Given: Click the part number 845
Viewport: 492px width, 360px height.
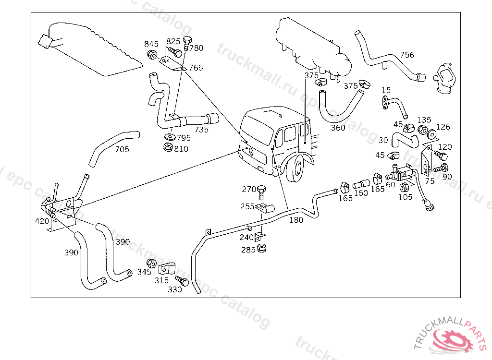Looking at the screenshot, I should tap(151, 44).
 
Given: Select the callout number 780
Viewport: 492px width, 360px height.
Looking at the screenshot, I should tap(196, 48).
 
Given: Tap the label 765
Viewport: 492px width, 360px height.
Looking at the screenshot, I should tap(196, 68).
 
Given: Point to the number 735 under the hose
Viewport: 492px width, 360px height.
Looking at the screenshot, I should tap(201, 130).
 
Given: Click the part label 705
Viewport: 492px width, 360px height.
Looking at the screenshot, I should tap(122, 149).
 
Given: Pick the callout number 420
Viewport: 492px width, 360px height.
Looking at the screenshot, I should tap(42, 221).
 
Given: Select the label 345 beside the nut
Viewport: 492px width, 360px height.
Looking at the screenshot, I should tap(144, 272).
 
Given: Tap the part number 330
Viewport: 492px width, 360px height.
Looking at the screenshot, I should tap(175, 289).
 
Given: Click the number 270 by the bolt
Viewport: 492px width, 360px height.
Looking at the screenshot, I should tap(249, 189).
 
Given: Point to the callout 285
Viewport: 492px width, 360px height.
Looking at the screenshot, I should tap(248, 250).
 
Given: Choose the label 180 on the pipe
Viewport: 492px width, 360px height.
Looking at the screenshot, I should tap(296, 220).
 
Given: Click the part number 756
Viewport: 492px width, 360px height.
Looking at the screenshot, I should tap(407, 55).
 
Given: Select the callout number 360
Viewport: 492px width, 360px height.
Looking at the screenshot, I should tap(338, 128).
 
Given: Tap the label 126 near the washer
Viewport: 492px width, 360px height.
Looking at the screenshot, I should tap(443, 127).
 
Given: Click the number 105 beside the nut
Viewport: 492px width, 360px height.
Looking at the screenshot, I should tap(406, 197).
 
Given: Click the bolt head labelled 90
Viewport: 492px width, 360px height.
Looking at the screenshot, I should tap(443, 168).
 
